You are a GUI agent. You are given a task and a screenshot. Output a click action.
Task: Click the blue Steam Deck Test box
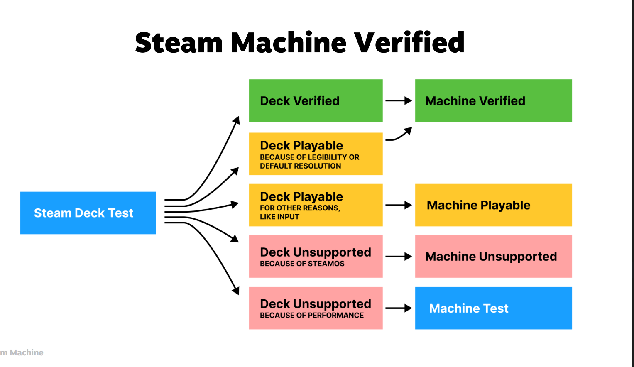[x=88, y=213]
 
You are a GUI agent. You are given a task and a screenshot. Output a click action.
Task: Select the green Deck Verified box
[x=316, y=100]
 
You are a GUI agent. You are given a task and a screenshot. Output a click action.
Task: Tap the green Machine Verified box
[x=493, y=100]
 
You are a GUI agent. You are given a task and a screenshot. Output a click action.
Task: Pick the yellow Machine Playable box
[x=493, y=205]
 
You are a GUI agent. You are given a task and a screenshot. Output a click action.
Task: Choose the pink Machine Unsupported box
[x=493, y=257]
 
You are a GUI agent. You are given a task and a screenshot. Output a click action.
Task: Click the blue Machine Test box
[x=493, y=308]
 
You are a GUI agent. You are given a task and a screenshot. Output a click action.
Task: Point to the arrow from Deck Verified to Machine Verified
[x=399, y=100]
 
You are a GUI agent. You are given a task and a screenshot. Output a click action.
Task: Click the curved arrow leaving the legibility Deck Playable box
[x=399, y=135]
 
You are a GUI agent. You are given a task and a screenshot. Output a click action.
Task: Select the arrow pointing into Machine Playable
[x=399, y=205]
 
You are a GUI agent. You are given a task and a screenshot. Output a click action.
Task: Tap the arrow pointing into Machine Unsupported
[x=399, y=257]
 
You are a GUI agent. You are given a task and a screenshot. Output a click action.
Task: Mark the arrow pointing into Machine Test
[x=399, y=308]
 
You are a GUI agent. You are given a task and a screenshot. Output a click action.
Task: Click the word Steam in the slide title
[x=179, y=42]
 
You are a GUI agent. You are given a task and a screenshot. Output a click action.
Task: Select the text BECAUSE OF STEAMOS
[x=302, y=264]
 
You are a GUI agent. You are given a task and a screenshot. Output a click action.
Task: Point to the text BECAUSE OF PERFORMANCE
[x=311, y=315]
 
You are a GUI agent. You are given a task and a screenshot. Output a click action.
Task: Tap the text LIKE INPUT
[x=279, y=217]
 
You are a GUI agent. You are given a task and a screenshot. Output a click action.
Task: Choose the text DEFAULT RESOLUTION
[x=300, y=166]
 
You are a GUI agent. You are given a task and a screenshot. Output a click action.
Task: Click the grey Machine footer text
[x=26, y=352]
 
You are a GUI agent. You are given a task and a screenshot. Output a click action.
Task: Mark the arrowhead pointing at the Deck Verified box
[x=236, y=120]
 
